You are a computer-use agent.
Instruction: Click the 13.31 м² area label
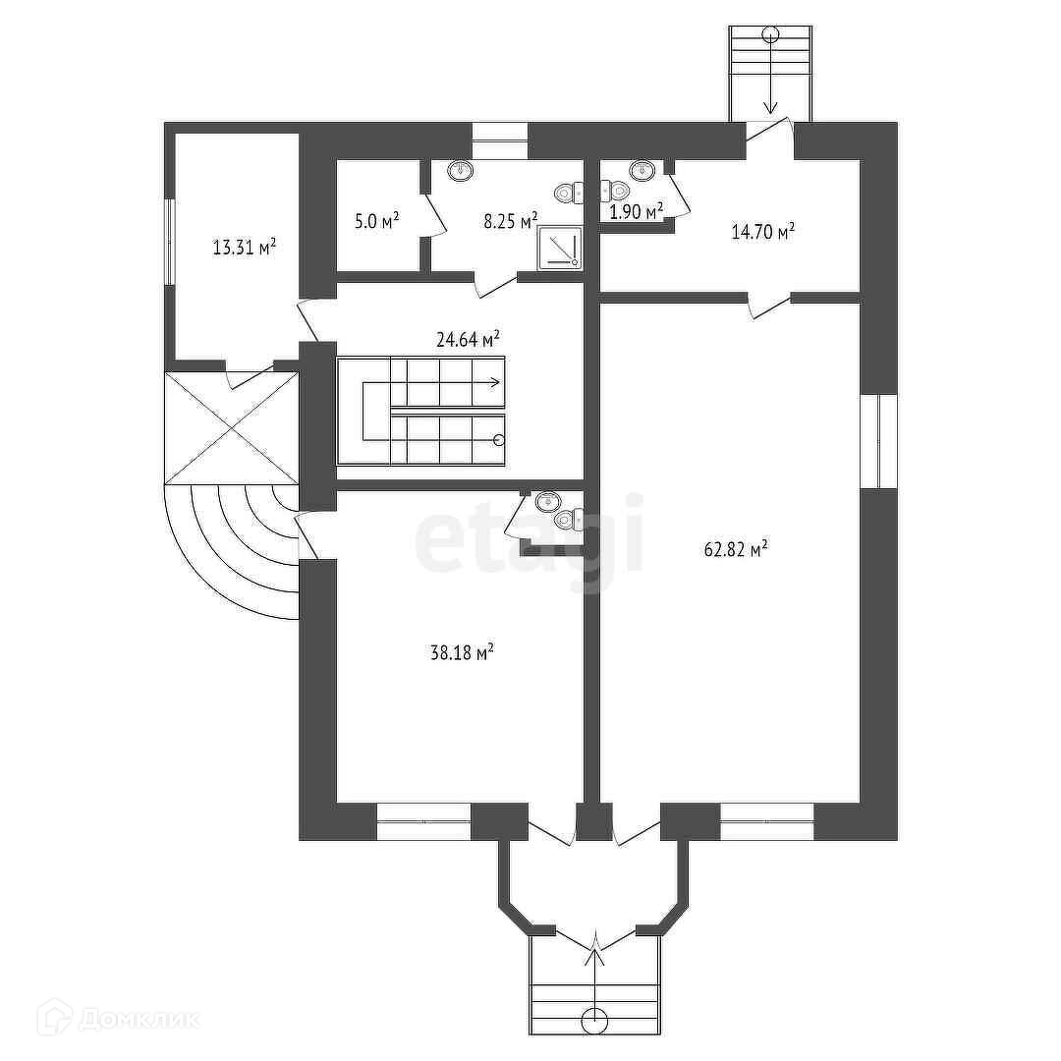(x=244, y=248)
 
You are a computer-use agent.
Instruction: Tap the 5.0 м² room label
(x=376, y=223)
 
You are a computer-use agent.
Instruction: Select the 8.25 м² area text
(x=510, y=220)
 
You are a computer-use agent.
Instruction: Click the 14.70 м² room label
(x=762, y=232)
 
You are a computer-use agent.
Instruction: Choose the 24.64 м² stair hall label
(x=468, y=340)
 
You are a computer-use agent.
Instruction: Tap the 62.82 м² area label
(x=735, y=550)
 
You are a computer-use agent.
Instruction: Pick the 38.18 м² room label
(x=462, y=651)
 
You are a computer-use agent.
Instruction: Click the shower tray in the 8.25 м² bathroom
(x=560, y=248)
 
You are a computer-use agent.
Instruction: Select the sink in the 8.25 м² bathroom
(x=461, y=172)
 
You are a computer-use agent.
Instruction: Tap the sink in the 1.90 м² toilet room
(x=642, y=171)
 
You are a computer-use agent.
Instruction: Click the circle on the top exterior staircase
(x=771, y=34)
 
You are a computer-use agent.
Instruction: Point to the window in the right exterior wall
(x=878, y=440)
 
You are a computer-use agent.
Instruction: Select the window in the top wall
(x=499, y=140)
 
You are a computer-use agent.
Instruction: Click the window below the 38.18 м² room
(x=423, y=822)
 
